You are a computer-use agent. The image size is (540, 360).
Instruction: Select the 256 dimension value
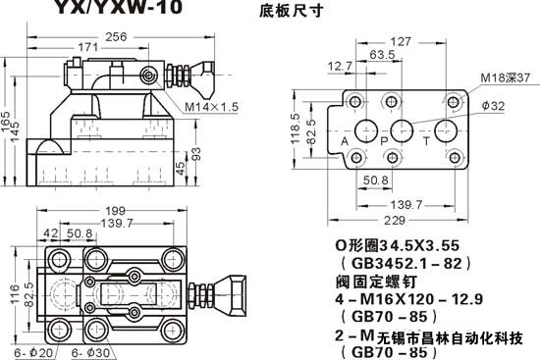click(117, 36)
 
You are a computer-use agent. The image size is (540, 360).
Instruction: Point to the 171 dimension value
click(87, 48)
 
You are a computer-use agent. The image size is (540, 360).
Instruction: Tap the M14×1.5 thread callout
click(210, 106)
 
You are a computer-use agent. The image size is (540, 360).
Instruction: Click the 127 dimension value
click(400, 42)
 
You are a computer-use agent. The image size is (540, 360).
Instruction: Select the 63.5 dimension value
click(370, 56)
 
